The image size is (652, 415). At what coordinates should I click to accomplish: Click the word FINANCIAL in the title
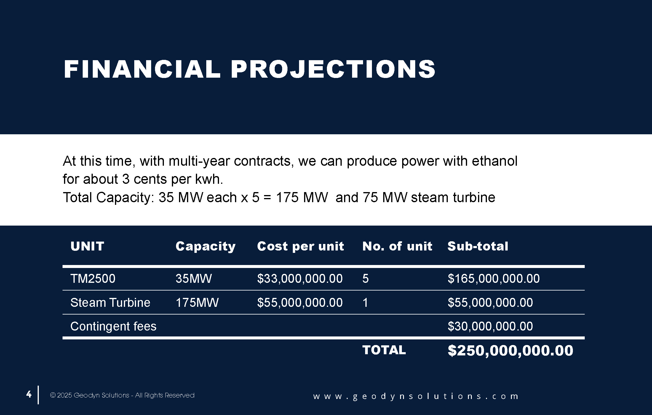tap(142, 69)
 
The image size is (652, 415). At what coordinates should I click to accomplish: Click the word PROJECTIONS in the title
tap(333, 69)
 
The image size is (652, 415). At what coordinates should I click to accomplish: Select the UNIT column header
tap(87, 246)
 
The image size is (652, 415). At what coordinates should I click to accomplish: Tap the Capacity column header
tap(205, 247)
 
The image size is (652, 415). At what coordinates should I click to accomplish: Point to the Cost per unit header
tap(301, 247)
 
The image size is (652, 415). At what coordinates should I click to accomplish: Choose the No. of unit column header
tap(397, 246)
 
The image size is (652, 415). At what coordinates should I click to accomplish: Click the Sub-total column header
tap(478, 246)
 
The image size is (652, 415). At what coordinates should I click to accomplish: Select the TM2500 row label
tap(93, 279)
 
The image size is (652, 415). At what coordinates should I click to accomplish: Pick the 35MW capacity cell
tap(194, 279)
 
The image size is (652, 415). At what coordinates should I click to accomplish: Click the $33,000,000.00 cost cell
tap(300, 279)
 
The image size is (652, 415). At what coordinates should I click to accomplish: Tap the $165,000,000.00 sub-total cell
tap(493, 279)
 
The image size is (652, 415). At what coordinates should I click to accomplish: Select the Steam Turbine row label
tap(110, 303)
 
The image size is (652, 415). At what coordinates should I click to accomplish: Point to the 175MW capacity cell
tap(197, 303)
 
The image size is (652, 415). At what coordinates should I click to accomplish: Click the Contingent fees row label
tap(113, 326)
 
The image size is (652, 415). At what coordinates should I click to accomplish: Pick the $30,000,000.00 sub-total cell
tap(490, 326)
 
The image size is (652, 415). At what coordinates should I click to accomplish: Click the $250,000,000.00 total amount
tap(510, 351)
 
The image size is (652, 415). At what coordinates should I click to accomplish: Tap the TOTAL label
tap(384, 350)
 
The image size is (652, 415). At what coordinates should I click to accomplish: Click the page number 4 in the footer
tap(29, 394)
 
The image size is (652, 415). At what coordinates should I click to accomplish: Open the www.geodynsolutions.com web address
tap(416, 396)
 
